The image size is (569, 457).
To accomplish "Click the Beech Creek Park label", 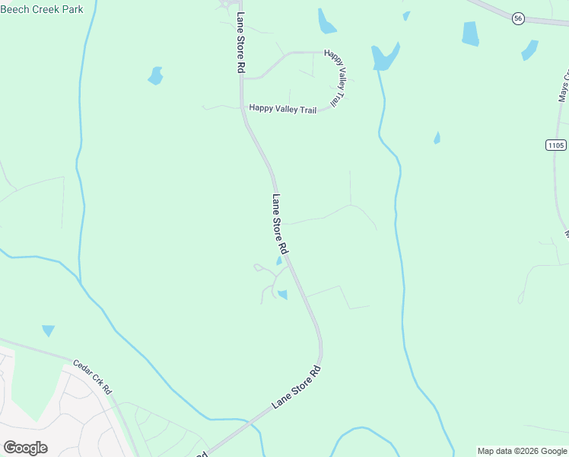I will (42, 9).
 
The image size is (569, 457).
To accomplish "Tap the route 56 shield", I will (518, 18).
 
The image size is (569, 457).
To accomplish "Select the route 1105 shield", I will (556, 145).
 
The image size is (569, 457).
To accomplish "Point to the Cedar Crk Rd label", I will (93, 376).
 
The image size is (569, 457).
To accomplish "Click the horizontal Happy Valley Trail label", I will (282, 110).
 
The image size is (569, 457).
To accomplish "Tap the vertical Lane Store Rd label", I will (241, 43).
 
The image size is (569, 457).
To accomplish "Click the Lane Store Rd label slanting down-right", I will (280, 224).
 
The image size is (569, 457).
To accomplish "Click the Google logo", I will (25, 448).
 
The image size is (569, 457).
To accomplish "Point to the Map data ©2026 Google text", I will (523, 451).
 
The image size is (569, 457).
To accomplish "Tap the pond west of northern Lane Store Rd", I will (155, 76).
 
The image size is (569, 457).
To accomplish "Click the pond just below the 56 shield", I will (529, 50).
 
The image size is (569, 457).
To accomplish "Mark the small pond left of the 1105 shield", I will (437, 138).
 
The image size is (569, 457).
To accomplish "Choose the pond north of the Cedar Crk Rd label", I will (49, 331).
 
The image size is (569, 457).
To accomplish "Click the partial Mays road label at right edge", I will (564, 88).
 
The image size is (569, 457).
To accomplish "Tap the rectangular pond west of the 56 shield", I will (471, 34).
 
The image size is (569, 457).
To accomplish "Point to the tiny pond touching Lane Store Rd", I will (279, 261).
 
